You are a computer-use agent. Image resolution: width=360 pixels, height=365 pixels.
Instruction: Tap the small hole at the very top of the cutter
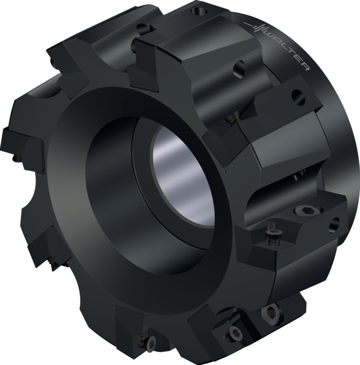199,11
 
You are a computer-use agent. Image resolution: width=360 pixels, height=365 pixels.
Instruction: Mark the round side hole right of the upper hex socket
334,225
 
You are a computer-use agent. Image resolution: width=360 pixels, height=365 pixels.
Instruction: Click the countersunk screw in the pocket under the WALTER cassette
232,118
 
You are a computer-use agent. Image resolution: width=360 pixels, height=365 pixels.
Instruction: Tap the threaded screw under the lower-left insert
53,263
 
